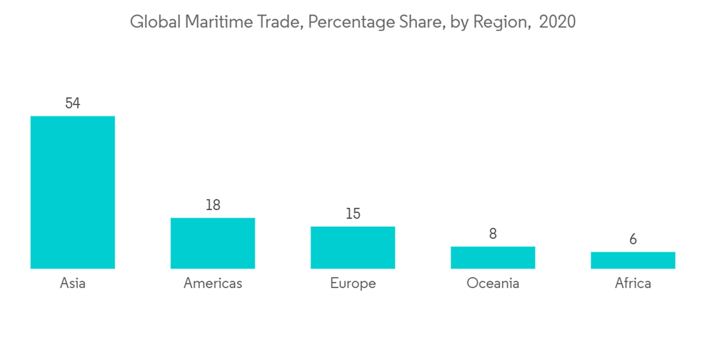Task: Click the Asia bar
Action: click(x=72, y=192)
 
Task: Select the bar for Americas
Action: click(x=213, y=243)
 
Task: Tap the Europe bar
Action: click(x=353, y=247)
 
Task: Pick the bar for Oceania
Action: click(x=493, y=257)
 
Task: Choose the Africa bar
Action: click(x=633, y=260)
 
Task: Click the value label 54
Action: click(x=72, y=104)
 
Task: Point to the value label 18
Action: click(x=213, y=205)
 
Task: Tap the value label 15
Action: click(x=353, y=214)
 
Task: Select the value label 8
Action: click(x=493, y=234)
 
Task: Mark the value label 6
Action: click(x=633, y=239)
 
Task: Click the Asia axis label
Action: click(x=72, y=284)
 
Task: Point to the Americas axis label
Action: click(x=213, y=284)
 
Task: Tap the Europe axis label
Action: click(x=353, y=284)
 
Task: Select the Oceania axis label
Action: click(x=493, y=284)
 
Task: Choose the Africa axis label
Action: click(x=633, y=284)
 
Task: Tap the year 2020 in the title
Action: click(x=557, y=22)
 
